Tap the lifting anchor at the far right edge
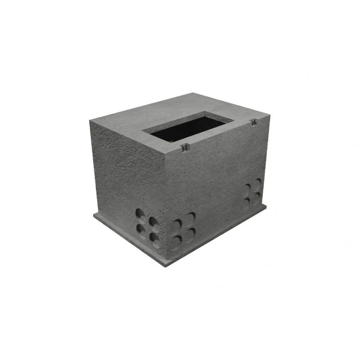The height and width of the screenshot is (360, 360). [254, 121]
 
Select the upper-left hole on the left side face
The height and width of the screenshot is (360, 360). [140, 213]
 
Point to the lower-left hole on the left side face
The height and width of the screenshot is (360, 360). [141, 229]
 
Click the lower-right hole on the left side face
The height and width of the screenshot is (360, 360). [154, 237]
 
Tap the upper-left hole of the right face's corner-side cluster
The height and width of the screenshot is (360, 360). [178, 224]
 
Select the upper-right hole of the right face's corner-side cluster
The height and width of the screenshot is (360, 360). [192, 216]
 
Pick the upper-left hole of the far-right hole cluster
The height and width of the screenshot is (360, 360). [247, 187]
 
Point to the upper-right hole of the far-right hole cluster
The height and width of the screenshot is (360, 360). [258, 182]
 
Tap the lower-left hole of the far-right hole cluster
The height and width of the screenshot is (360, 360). [247, 201]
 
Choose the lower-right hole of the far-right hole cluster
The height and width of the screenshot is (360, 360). [258, 195]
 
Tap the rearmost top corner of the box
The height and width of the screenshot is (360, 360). [193, 93]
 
